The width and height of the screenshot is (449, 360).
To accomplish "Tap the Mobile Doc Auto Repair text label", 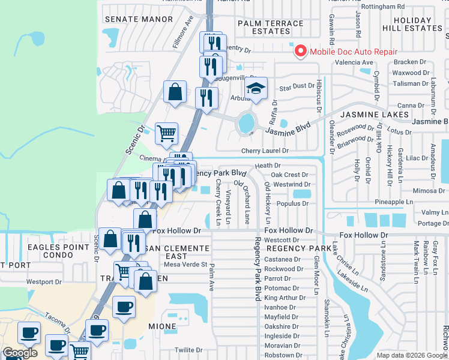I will (x=353, y=52).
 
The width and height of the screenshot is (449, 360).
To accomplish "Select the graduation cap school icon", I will (x=256, y=89).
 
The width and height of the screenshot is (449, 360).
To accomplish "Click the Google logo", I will (x=20, y=353).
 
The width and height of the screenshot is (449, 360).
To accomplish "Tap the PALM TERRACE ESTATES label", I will (x=270, y=27).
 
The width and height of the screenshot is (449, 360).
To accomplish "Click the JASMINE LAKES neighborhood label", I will (x=375, y=114).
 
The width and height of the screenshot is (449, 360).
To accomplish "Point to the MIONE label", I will (x=163, y=327).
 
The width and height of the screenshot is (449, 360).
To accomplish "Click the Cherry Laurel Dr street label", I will (x=265, y=151).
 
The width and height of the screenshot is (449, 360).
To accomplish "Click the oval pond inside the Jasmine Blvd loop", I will (x=246, y=123).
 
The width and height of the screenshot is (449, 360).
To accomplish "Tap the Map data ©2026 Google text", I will (x=411, y=355).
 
